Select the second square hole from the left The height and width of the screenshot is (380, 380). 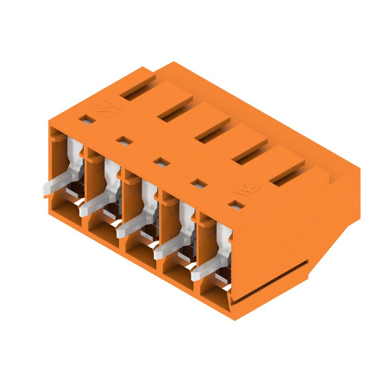pos(123,140)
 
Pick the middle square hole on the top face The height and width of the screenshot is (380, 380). pos(161,162)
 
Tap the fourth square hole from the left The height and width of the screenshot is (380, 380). pos(197,182)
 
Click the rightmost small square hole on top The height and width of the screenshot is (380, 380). pos(234,205)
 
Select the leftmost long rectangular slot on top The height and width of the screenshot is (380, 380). pos(138,89)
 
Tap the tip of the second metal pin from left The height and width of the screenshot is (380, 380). pos(84,210)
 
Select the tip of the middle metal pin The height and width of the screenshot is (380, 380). pos(120,232)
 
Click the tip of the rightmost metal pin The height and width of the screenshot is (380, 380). pos(195,275)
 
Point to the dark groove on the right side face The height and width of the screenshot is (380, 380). pos(271,280)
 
